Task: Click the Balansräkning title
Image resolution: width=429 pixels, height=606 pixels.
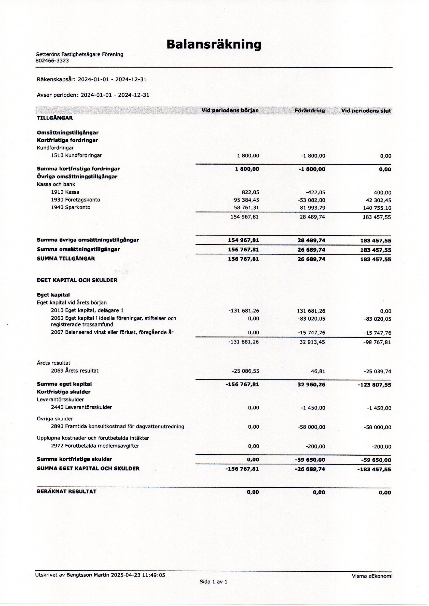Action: (214, 45)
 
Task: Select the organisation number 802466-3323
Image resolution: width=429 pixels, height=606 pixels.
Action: (52, 61)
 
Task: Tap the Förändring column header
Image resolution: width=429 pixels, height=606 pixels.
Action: (310, 110)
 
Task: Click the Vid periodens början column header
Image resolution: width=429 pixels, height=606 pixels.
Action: (230, 110)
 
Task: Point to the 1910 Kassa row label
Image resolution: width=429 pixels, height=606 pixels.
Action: (65, 192)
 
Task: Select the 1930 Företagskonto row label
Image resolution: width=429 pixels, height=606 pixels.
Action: (75, 200)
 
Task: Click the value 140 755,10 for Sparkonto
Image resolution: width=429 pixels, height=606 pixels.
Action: (377, 208)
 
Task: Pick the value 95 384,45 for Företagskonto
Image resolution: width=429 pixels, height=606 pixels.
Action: (246, 200)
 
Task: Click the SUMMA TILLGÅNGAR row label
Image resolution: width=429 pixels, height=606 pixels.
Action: (66, 259)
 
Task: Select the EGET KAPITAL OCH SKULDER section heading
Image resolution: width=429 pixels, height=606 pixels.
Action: (77, 280)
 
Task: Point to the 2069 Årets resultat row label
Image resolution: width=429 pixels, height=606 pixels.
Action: (75, 371)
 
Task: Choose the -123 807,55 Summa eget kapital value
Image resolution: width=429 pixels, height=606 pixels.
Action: (374, 385)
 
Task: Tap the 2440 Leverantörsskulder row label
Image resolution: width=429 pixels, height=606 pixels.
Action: (81, 408)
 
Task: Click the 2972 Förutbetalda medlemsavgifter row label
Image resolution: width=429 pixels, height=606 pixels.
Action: (95, 446)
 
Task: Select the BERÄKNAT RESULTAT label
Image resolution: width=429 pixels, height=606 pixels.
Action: (67, 492)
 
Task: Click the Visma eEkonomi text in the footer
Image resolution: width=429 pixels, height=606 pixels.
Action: (372, 576)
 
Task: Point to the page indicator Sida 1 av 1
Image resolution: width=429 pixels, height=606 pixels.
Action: (213, 582)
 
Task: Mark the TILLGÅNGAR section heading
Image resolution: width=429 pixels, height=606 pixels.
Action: (55, 118)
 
